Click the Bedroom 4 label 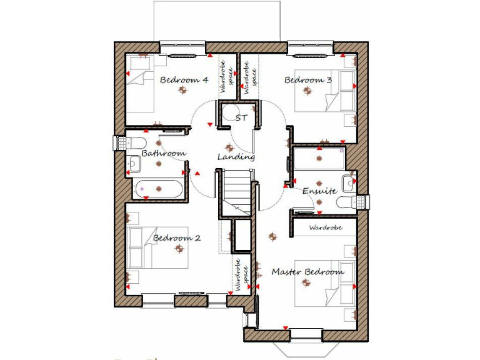pos(184,80)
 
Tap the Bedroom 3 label pos(308,80)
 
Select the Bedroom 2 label pos(177,238)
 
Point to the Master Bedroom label pos(307,272)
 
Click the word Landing pos(236,157)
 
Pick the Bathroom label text pos(163,153)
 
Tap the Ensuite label pos(320,191)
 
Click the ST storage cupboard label pos(241,117)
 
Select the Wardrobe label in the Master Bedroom pos(326,228)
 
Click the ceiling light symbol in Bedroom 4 pos(182,91)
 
